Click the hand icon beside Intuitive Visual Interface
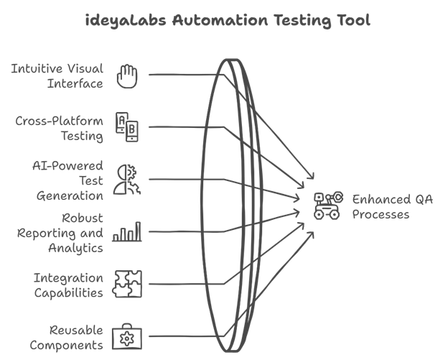[x=127, y=75]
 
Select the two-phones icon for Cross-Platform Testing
[x=127, y=126]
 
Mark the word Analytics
[x=76, y=248]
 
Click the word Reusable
[x=77, y=331]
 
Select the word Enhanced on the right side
[x=377, y=200]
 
